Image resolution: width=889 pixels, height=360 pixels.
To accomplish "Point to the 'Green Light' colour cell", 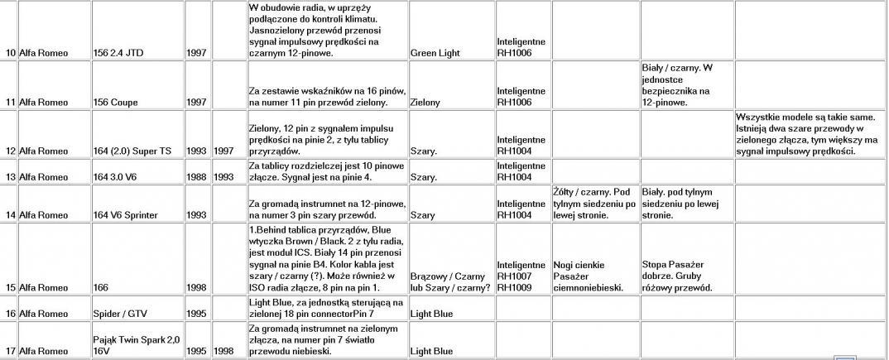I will click(435, 54).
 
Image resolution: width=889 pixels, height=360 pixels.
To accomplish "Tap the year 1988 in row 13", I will click(197, 177).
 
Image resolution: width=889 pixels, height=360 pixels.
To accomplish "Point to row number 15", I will click(11, 288).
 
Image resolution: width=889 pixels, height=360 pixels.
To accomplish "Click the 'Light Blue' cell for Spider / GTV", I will click(431, 314).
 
